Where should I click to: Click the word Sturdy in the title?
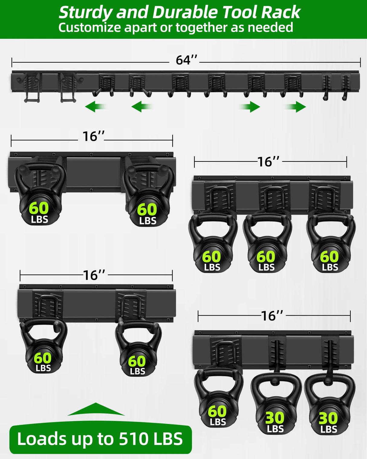pos(86,13)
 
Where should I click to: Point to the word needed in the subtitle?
pos(270,28)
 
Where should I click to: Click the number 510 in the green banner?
pos(134,439)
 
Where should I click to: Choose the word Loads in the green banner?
pos(42,439)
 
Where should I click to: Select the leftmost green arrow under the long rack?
pos(95,106)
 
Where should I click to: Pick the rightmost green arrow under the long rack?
pos(297,106)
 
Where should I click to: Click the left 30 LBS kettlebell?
pos(275,405)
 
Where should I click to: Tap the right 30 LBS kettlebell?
pos(329,405)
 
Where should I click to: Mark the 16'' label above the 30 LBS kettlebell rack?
pos(272,316)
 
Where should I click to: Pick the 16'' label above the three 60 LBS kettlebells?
pos(268,162)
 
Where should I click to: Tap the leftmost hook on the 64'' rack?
pos(31,88)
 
